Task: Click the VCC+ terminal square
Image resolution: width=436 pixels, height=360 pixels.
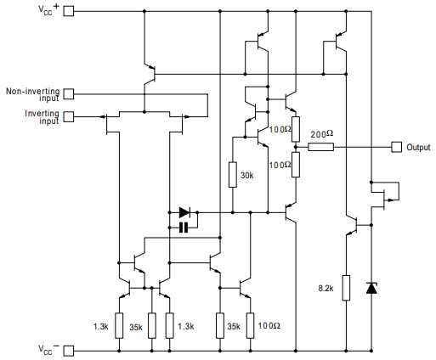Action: pos(68,11)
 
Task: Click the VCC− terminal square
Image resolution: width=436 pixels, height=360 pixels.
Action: pos(68,351)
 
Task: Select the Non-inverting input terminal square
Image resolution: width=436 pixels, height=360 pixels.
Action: pos(68,94)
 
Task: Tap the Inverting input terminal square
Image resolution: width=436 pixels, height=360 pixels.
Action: pos(68,116)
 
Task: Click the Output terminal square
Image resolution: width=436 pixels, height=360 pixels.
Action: pos(396,147)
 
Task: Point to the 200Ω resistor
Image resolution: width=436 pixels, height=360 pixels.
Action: pos(320,147)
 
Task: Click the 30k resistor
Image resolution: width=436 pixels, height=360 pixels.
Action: pos(233,175)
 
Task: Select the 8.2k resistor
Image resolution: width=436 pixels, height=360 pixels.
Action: pos(346,288)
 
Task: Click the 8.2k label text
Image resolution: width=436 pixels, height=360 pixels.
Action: pos(326,289)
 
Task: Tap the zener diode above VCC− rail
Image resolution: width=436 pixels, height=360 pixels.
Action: pos(371,288)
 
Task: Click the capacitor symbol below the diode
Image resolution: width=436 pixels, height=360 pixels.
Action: pos(184,228)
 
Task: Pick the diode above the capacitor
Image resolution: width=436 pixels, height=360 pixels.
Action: pos(184,212)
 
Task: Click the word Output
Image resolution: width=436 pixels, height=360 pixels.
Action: pos(418,147)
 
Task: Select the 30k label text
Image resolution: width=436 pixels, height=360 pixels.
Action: pos(246,176)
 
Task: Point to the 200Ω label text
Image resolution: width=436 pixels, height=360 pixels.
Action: pos(321,134)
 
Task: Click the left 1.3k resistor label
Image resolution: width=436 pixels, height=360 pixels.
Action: pos(101,327)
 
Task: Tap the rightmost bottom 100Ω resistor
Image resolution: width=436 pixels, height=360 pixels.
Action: pos(250,325)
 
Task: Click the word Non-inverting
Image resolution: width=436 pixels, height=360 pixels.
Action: pos(32,91)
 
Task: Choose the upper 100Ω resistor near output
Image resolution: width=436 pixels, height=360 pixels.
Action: pos(296,129)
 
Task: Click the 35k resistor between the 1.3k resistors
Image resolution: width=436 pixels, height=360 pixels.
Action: pos(152,325)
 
